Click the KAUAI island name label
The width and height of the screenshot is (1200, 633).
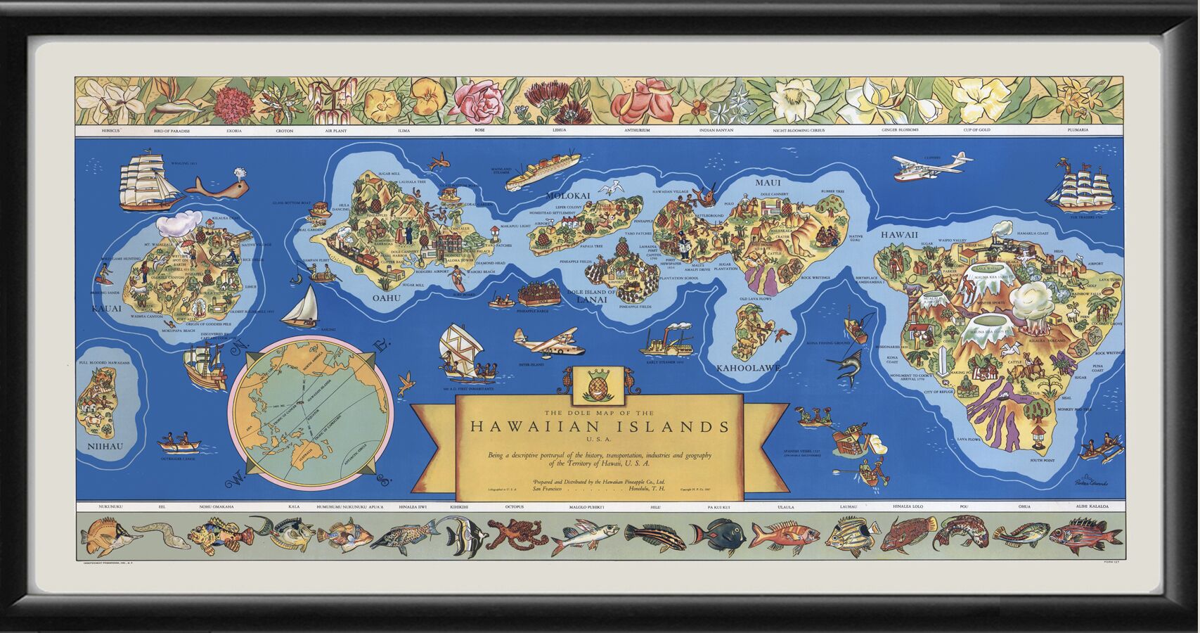[x=106, y=308]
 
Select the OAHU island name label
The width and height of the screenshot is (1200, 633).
[x=386, y=298]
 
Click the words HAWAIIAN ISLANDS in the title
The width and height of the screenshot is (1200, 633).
[x=599, y=426]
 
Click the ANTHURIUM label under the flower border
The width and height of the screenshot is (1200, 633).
[x=637, y=131]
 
